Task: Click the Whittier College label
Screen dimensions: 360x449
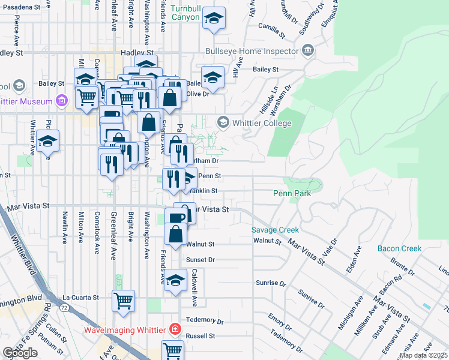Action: [262, 123]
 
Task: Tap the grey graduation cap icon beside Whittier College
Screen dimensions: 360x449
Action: [223, 123]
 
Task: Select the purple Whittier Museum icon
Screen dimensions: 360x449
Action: [61, 101]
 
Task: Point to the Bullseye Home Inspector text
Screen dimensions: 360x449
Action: [252, 51]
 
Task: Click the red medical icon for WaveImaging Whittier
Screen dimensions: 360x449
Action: [175, 329]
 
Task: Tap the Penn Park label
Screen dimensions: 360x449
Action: [292, 193]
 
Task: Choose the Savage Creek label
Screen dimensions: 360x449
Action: [275, 230]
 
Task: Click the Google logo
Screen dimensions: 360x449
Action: [20, 353]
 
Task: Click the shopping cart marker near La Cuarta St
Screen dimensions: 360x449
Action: [124, 301]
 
